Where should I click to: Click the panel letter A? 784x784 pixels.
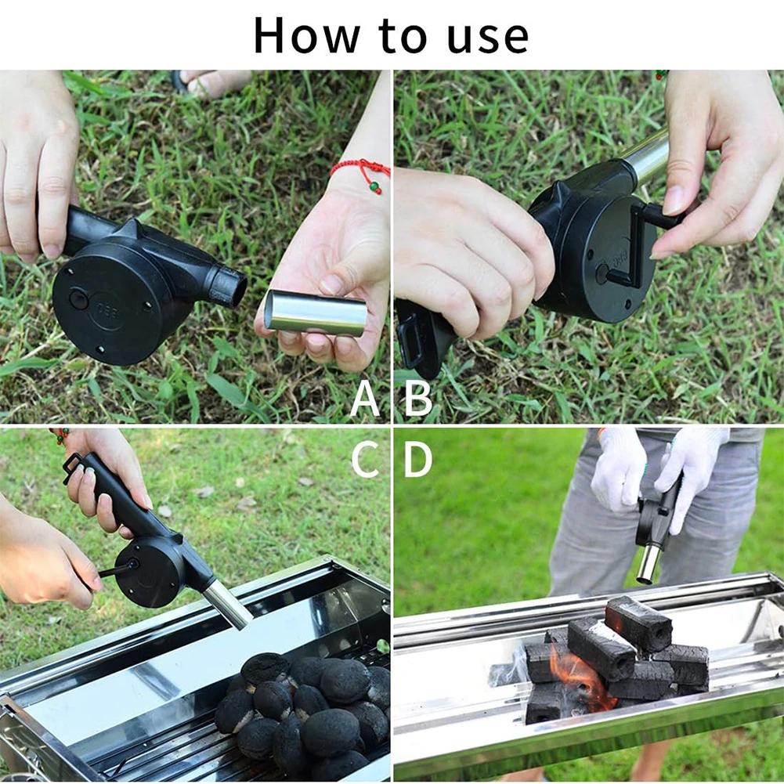pos(365,399)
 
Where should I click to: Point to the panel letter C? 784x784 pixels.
pos(365,460)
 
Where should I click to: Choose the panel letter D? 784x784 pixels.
pos(417,460)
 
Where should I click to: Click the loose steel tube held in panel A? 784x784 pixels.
pos(316,313)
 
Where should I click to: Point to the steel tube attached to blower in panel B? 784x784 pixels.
pos(647,157)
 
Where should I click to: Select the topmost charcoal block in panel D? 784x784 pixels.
pos(638,623)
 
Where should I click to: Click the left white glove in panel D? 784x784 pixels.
pos(619,470)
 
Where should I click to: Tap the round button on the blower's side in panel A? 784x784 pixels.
pos(78,298)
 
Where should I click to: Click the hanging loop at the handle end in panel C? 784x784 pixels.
pos(73,467)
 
